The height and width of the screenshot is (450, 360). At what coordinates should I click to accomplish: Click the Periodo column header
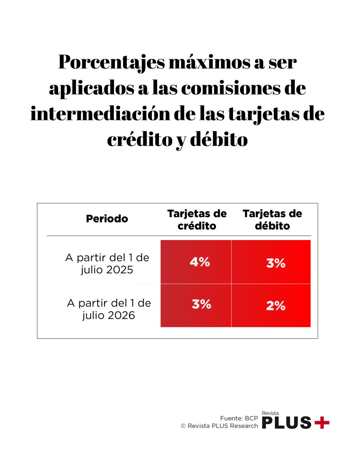107,219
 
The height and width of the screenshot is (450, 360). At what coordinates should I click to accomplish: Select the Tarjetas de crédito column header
197,220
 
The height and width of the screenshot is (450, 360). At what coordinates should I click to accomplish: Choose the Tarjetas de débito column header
272,220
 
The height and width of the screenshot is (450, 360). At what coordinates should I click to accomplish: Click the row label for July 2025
107,264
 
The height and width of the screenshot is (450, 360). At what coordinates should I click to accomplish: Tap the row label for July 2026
109,309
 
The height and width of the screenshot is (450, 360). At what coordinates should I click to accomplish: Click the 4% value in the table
199,262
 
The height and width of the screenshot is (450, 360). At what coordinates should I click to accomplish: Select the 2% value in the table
276,306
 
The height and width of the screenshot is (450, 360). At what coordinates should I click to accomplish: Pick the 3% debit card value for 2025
276,264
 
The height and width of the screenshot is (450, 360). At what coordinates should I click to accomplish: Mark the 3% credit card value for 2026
201,304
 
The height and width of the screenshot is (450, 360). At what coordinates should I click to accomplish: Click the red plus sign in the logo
322,423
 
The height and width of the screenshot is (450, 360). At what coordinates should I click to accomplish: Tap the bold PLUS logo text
287,423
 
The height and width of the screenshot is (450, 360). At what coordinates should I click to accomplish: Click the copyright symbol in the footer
183,426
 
